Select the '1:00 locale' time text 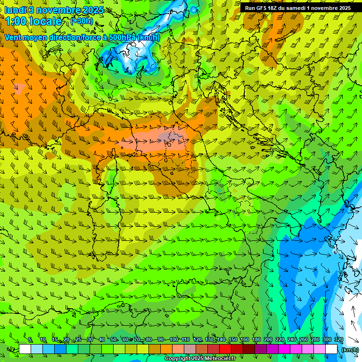(x=33, y=21)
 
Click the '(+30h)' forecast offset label (x=82, y=21)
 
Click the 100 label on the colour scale (x=173, y=340)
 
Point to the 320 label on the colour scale (x=338, y=340)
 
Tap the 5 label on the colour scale (x=30, y=340)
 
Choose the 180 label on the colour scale (x=256, y=340)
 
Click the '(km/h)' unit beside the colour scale (x=349, y=349)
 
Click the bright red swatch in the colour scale (x=225, y=349)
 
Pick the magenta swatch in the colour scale (x=284, y=349)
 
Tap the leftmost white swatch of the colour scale (x=25, y=349)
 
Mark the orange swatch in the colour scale (x=166, y=349)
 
